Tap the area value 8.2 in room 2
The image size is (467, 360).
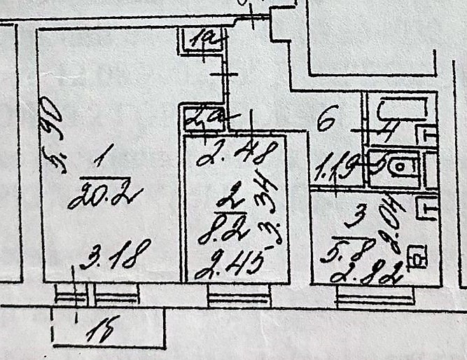pyautogui.click(x=216, y=229)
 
